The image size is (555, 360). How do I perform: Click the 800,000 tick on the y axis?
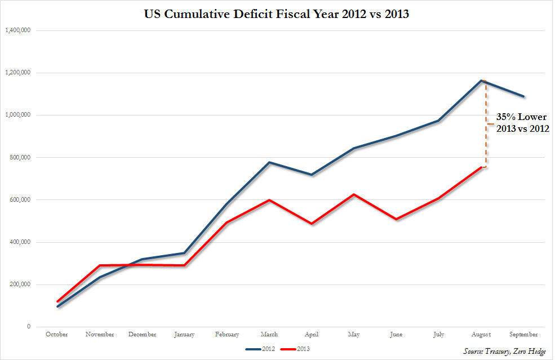pyautogui.click(x=20, y=157)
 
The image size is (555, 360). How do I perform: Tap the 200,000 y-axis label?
pyautogui.click(x=20, y=285)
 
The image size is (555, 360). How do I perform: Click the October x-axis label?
pyautogui.click(x=57, y=335)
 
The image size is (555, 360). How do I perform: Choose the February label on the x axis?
pyautogui.click(x=228, y=335)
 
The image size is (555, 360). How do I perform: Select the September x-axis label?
pyautogui.click(x=523, y=335)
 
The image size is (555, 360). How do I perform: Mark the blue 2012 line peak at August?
pyautogui.click(x=482, y=81)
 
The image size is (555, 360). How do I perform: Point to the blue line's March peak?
pyautogui.click(x=269, y=162)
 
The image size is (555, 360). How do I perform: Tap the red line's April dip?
pyautogui.click(x=312, y=224)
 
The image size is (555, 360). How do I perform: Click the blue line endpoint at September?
pyautogui.click(x=524, y=96)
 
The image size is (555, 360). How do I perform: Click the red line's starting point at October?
pyautogui.click(x=57, y=301)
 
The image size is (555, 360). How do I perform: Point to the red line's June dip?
pyautogui.click(x=397, y=219)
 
